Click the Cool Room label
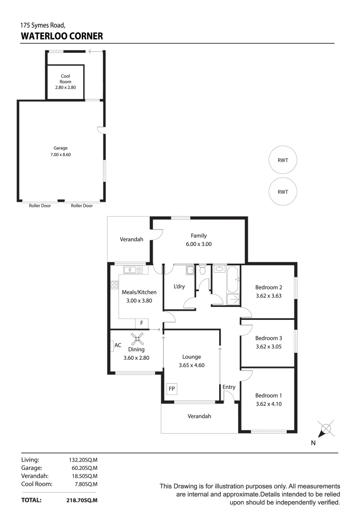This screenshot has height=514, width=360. point(65,79)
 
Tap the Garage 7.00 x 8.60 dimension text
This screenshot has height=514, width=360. point(61,155)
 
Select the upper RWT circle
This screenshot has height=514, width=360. point(282,160)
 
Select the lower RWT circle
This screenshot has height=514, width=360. point(282,192)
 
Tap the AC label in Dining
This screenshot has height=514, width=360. point(118,345)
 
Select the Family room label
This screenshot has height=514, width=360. point(199,236)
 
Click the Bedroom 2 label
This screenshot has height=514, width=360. point(269,287)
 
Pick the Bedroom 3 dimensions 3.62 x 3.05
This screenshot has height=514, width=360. point(269,346)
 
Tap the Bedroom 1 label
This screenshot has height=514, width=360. point(269,395)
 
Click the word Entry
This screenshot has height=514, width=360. point(229,387)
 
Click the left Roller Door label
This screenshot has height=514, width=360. point(37,206)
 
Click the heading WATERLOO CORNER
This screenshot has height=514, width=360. point(61,36)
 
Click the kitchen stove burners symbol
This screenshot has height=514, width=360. point(114,286)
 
